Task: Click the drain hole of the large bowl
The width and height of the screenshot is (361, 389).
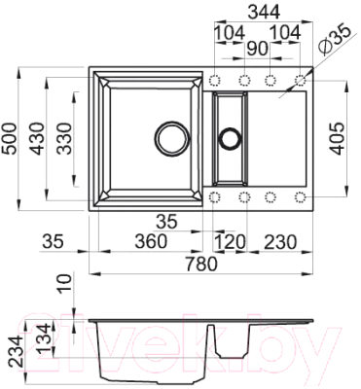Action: point(171,136)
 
